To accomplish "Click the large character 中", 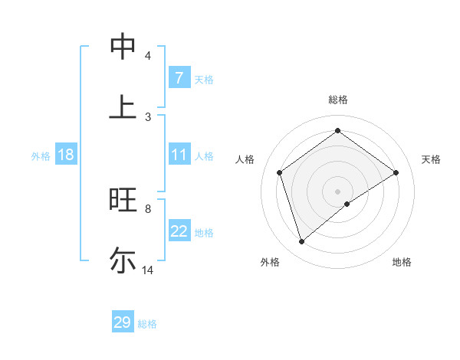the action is point(123,46).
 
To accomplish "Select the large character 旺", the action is point(123,200).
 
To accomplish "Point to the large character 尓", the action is point(123,260).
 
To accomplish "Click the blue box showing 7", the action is point(179,78).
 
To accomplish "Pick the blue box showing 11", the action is point(179,155).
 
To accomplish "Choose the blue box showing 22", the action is point(179,231).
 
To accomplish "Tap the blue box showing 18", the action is point(66,155).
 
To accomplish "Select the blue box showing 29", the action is point(123,322).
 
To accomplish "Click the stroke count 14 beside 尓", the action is point(148,270).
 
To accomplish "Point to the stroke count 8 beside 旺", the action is point(147,208).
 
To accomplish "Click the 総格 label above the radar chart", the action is point(338,100).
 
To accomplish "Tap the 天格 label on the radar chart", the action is point(432,159).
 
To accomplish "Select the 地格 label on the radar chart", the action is point(402,262).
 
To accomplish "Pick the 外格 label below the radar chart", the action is point(270,262).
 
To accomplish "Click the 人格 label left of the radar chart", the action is point(245,159).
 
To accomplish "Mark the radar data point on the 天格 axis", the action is point(396,172).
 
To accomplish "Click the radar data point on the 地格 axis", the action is point(347,204).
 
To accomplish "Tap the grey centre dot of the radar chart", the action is point(337,191).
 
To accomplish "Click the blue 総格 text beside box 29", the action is point(148,324).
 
